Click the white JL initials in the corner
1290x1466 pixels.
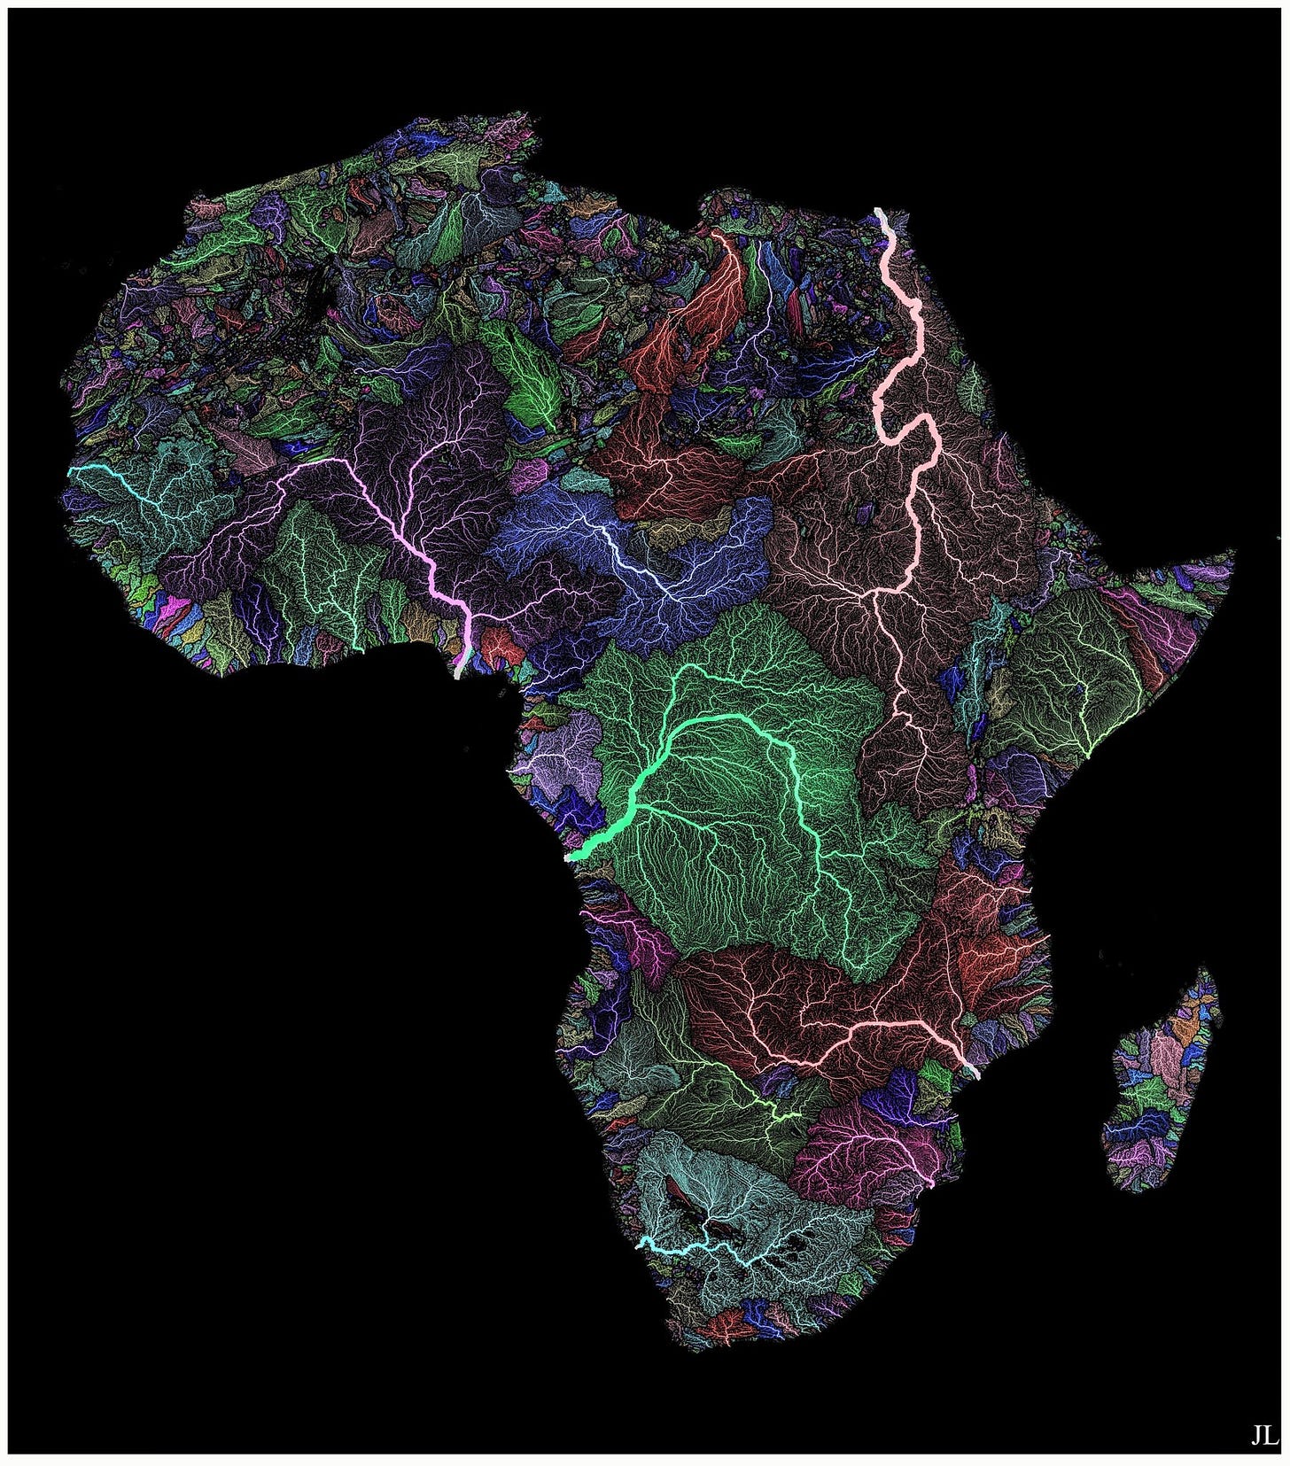click(x=1263, y=1435)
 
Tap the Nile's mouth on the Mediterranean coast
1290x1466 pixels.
click(x=878, y=211)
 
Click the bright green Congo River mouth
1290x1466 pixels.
click(x=570, y=857)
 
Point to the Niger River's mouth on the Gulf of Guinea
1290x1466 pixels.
click(x=457, y=675)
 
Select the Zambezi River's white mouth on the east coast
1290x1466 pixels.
click(x=975, y=1074)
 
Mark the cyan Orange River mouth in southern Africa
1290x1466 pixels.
click(x=640, y=1243)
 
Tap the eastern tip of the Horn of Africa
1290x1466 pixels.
click(x=1232, y=554)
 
